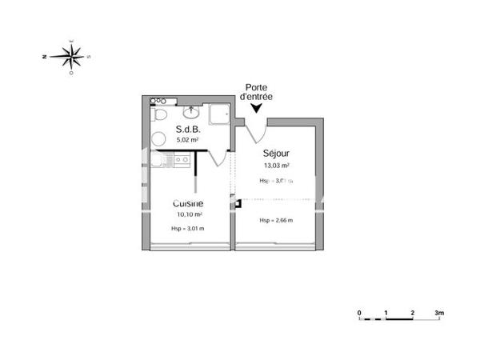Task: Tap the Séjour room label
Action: coord(276,154)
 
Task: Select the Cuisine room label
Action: coord(187,204)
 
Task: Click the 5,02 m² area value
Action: coord(187,139)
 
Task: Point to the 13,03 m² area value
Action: coord(276,166)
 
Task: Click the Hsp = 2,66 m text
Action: coord(276,220)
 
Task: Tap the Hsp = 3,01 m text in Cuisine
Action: coord(187,230)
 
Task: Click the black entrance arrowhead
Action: coord(256,109)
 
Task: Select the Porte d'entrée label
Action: coord(256,92)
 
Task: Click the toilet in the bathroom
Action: coord(160,117)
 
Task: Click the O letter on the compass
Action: coord(72,73)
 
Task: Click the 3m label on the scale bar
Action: coord(438,312)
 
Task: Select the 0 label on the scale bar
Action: coord(360,312)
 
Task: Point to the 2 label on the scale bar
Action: coord(412,312)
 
